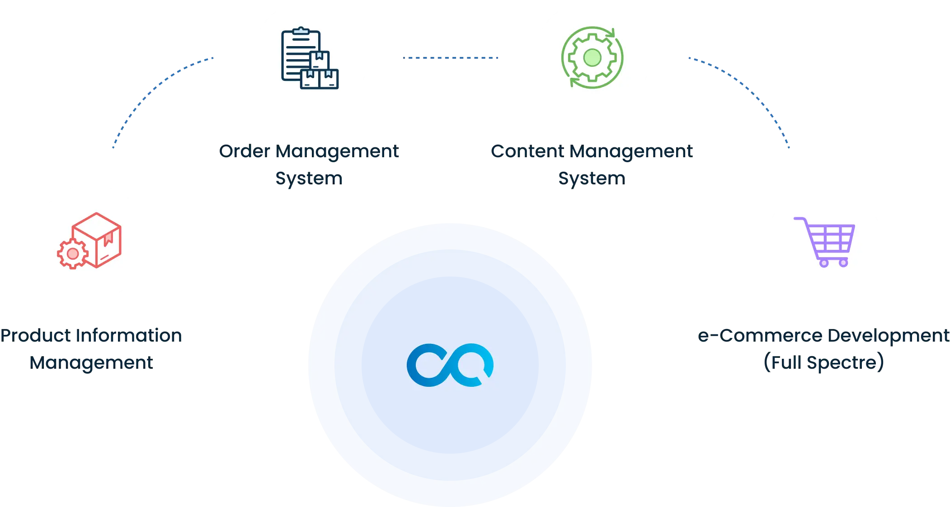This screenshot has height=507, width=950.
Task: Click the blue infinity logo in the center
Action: click(x=450, y=365)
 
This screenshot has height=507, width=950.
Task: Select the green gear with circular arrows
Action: click(x=592, y=57)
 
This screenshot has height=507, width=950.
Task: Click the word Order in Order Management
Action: click(x=244, y=151)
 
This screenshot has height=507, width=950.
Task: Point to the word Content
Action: click(x=527, y=151)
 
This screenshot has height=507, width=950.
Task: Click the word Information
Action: click(x=130, y=335)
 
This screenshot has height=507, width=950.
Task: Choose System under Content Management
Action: click(x=592, y=178)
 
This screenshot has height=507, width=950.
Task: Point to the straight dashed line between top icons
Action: click(x=450, y=58)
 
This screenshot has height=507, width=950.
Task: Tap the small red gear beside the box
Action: click(x=72, y=254)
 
